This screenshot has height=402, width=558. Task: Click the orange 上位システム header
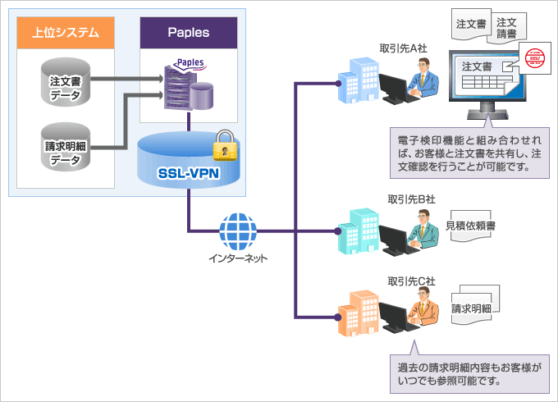65,34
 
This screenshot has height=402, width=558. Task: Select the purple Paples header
188,34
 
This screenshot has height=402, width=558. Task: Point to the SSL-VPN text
188,174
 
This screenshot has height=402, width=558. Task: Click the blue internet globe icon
239,229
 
